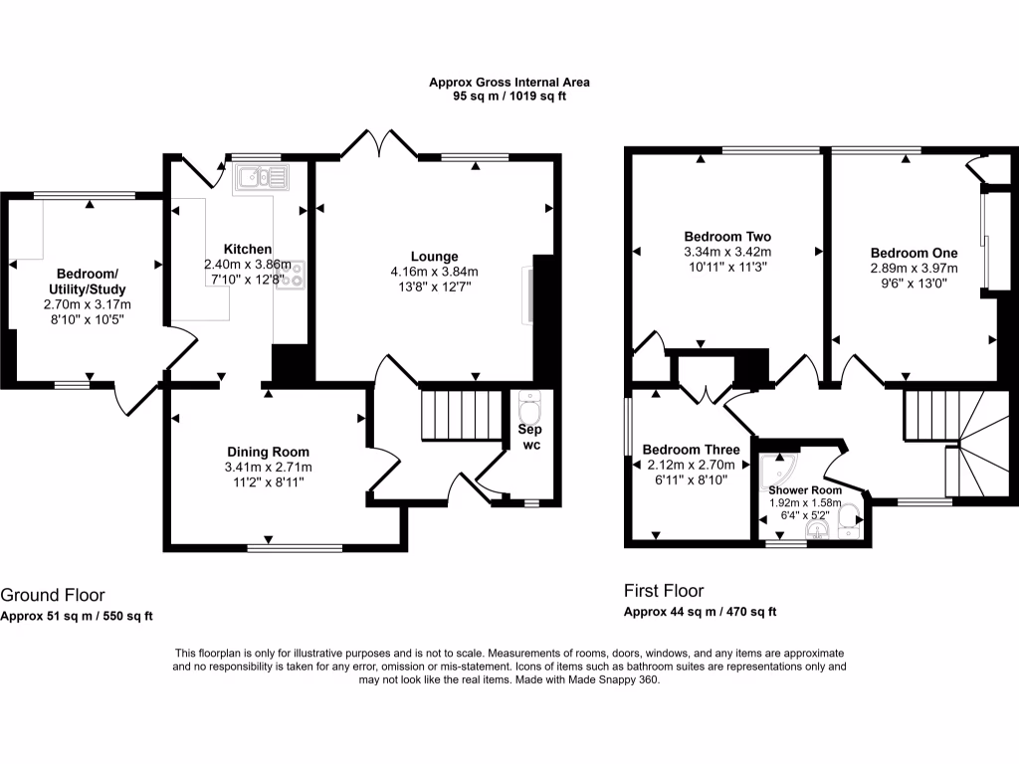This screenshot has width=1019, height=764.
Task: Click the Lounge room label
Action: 434,256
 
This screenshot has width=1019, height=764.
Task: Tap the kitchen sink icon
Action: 260,178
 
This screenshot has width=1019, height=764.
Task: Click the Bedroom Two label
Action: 727,237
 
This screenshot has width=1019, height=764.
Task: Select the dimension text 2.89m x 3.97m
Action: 914,268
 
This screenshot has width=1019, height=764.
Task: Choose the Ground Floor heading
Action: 52,595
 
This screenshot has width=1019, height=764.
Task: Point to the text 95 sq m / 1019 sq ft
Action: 509,97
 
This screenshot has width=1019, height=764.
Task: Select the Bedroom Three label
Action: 691,449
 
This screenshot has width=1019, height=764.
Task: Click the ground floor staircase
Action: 461,414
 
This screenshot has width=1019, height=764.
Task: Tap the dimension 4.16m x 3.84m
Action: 434,272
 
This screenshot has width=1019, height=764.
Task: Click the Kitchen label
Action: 248,249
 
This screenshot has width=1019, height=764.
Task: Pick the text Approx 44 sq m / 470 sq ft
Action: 700,612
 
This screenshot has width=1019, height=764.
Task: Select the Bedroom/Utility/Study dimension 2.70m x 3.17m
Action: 88,304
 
